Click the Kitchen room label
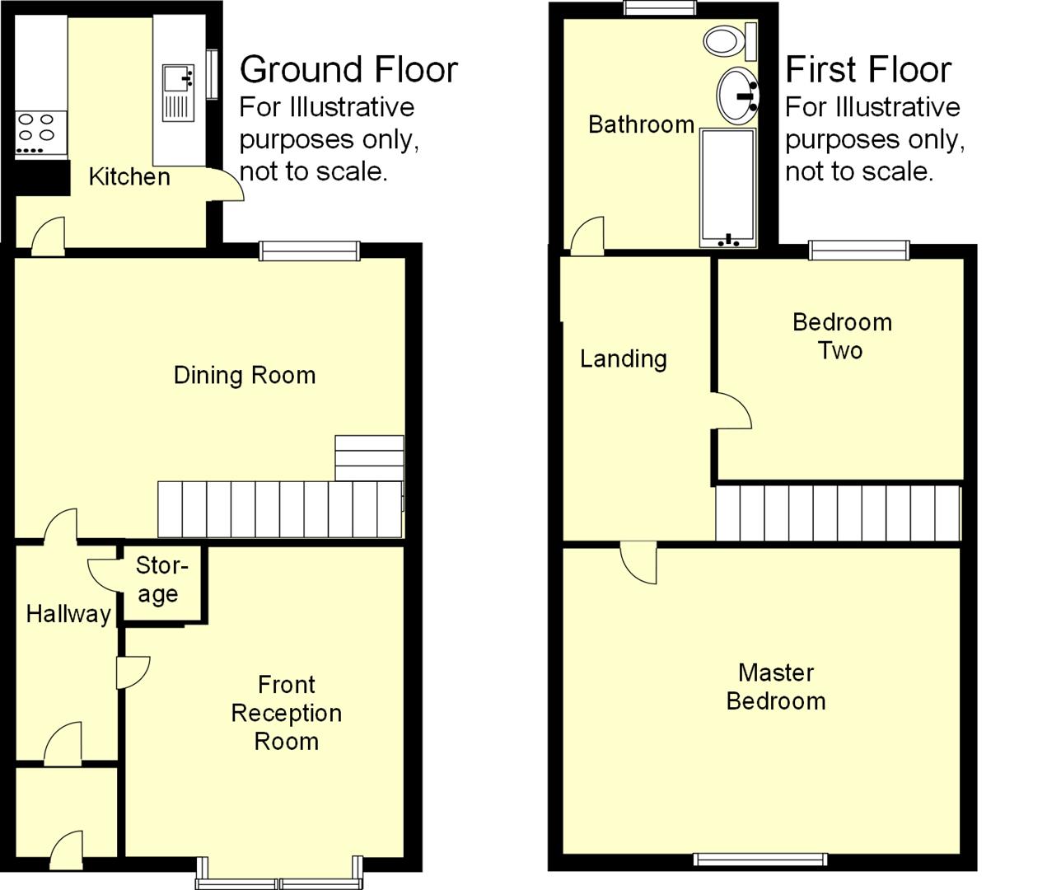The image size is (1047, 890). tap(129, 176)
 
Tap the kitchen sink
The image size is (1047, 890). tap(178, 92)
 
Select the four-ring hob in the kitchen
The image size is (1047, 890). tap(36, 133)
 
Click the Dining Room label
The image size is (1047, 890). tap(245, 376)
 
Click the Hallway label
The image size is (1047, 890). tap(68, 614)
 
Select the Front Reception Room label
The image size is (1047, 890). tap(286, 713)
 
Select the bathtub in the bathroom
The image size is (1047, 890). tap(727, 187)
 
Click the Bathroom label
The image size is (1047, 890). tap(641, 124)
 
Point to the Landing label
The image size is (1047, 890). tap(624, 358)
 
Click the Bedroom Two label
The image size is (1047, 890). tap(841, 336)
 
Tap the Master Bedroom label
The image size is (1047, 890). tap(776, 686)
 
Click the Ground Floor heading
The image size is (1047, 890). tap(348, 69)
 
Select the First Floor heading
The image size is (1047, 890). tap(868, 69)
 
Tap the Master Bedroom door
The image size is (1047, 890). tap(639, 562)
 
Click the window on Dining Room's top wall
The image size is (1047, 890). tap(310, 251)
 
